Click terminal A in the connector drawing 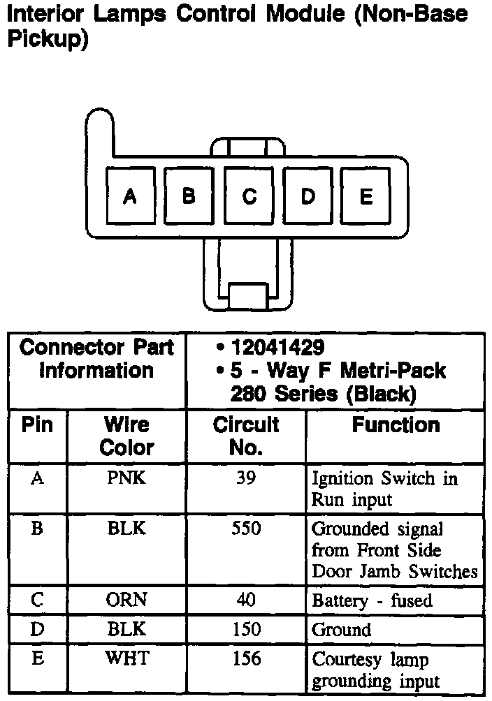[x=129, y=196]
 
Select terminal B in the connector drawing [x=189, y=196]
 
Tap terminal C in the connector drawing [x=248, y=196]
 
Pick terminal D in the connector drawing [x=307, y=196]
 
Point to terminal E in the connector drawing [x=366, y=196]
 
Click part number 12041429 [x=277, y=347]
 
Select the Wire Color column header [x=126, y=436]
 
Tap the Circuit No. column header [x=245, y=436]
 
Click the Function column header [x=396, y=425]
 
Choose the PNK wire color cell [x=126, y=479]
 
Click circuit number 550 [x=246, y=529]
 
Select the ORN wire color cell [x=126, y=600]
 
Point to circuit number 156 [x=246, y=658]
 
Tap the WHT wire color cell [x=126, y=658]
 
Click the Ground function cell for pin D [x=342, y=630]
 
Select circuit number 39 [x=246, y=479]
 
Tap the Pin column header [x=38, y=425]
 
